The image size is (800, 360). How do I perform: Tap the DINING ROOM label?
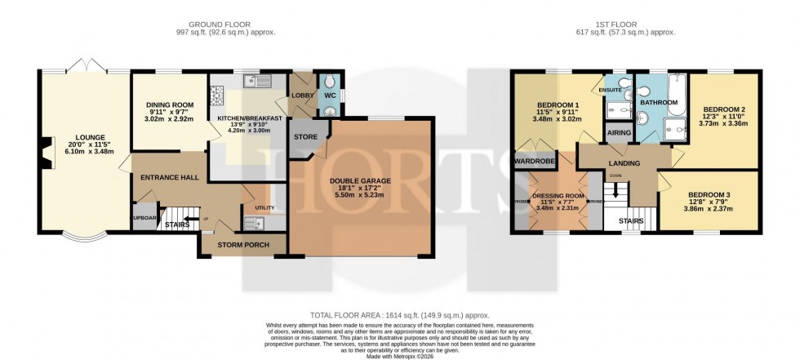pyautogui.click(x=168, y=105)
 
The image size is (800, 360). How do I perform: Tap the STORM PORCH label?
pyautogui.click(x=241, y=244)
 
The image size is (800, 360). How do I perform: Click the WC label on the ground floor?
pyautogui.click(x=331, y=96)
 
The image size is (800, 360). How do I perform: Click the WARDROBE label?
pyautogui.click(x=535, y=162)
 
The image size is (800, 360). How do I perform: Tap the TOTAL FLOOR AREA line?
pyautogui.click(x=399, y=314)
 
